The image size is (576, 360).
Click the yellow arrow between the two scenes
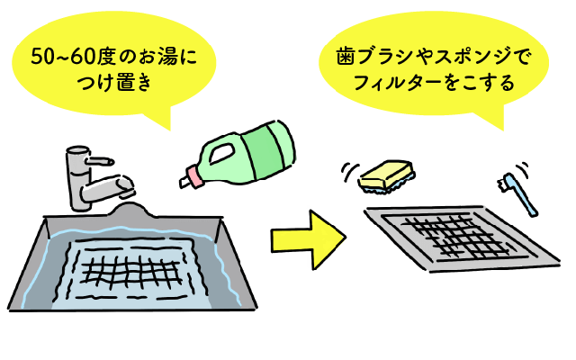point(309,239)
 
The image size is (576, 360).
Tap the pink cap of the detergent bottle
point(195,176)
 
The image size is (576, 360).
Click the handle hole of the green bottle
point(221,154)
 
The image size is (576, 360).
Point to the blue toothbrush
point(518,193)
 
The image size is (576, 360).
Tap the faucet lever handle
point(99,161)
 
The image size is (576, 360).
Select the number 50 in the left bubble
point(42,58)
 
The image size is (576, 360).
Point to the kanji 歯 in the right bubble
point(346,58)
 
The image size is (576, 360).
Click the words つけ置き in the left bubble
point(114,82)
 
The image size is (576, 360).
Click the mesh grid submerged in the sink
point(131,273)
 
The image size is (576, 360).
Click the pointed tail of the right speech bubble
point(492,120)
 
